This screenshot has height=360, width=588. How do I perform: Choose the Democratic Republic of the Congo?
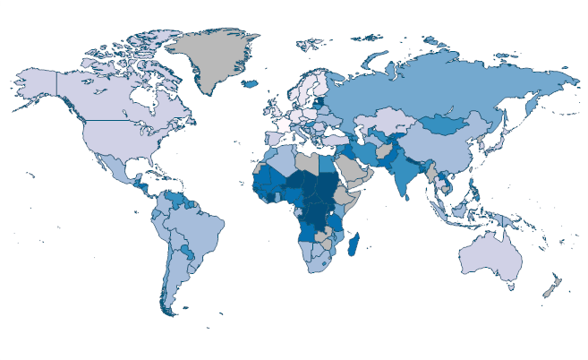point(314,216)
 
